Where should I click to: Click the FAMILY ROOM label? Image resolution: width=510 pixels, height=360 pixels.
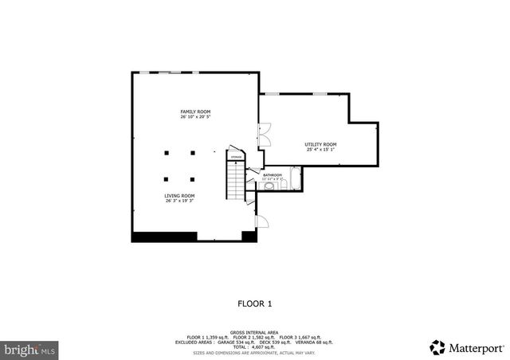195,112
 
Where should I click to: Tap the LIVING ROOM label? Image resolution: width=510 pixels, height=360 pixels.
179,196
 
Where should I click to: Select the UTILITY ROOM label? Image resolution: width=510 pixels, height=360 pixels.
320,144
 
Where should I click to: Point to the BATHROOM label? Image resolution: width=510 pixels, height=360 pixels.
273,174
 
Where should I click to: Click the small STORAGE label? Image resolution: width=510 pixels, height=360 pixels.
236,157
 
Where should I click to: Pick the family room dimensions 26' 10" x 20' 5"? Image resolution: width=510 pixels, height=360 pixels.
195,118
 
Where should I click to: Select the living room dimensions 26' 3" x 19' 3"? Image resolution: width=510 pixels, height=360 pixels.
179,202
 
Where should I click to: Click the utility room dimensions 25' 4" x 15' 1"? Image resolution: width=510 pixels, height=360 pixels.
320,150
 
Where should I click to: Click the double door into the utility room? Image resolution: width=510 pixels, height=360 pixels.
265,134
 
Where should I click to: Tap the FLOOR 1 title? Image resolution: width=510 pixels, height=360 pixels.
255,303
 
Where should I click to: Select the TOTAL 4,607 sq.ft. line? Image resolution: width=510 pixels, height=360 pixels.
255,346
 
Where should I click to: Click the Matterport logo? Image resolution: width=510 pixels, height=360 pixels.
467,347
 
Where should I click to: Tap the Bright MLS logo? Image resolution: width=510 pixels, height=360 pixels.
30,349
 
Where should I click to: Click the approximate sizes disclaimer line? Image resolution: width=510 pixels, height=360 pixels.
255,351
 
